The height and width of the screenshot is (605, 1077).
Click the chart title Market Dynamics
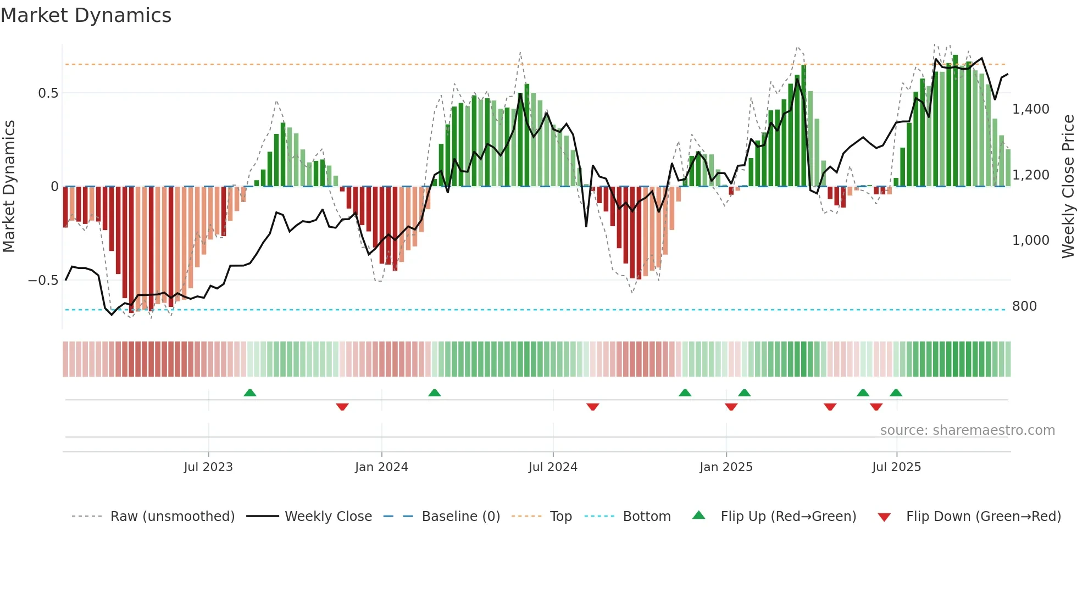86,15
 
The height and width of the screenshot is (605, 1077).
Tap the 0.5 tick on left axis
48,93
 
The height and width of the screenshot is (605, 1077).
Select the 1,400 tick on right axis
1030,109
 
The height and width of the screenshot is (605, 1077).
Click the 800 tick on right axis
1024,306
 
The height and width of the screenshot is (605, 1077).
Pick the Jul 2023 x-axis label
208,467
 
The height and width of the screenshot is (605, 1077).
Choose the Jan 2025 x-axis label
726,467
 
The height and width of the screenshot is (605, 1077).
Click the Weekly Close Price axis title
1068,186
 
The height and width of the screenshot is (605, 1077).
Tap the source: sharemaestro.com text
967,430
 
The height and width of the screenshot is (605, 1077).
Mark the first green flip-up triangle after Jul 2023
250,393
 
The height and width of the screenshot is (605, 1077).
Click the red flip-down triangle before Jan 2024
342,407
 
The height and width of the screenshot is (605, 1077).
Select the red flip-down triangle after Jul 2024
592,407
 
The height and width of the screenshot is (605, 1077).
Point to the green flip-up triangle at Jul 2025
896,393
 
